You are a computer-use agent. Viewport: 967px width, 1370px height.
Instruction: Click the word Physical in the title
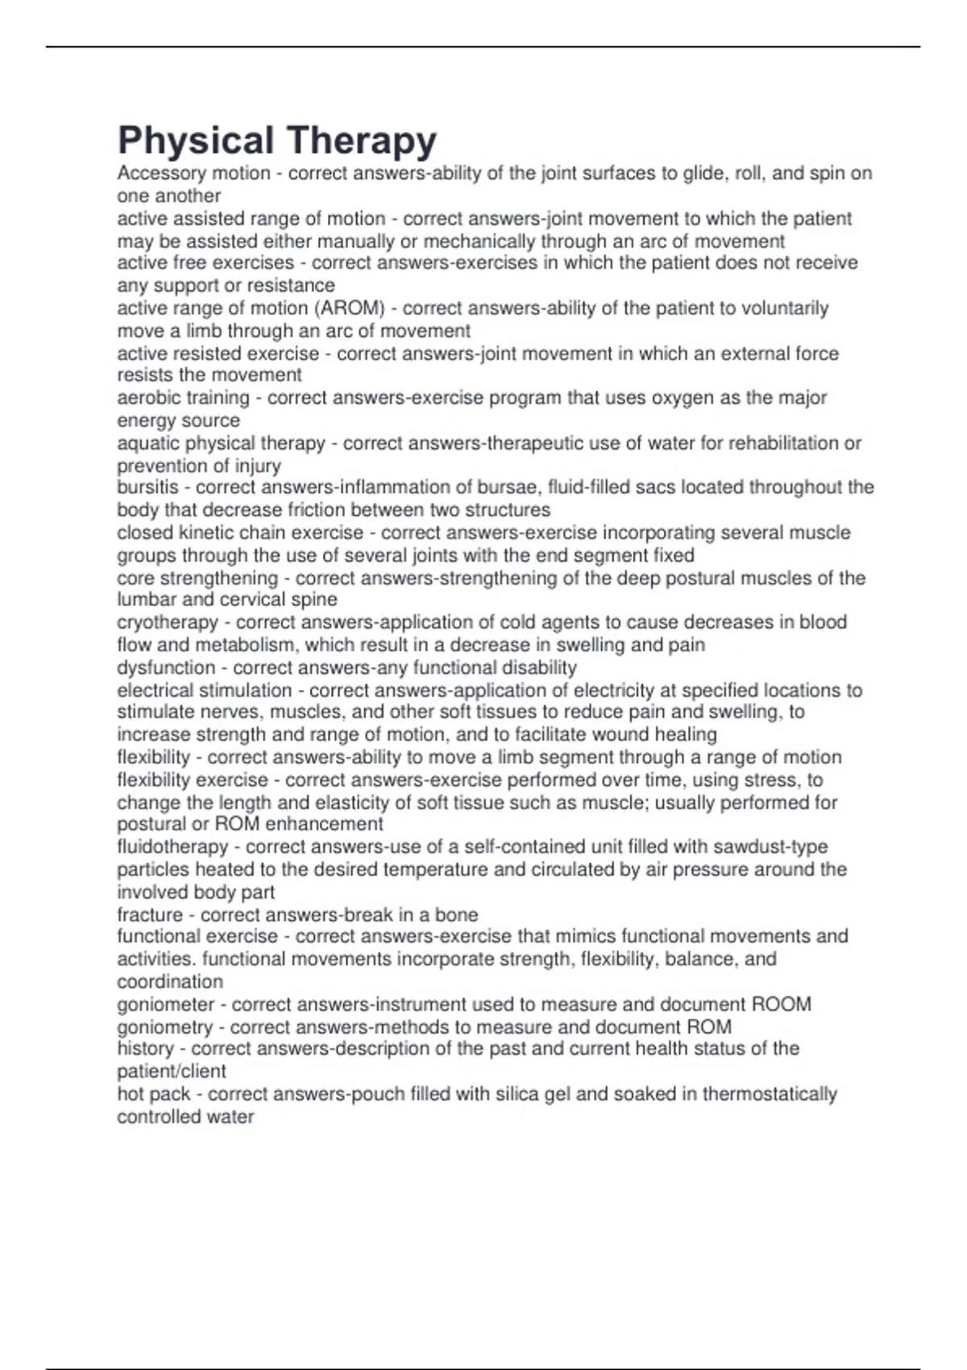tap(196, 141)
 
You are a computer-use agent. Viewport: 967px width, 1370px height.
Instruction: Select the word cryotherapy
tap(168, 622)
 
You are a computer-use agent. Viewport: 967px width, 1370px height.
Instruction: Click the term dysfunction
tap(166, 668)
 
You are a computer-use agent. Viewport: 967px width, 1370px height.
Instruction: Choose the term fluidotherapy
tap(172, 847)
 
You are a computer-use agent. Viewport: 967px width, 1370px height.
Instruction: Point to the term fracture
tap(150, 915)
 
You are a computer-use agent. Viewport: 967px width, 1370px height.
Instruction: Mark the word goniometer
tap(165, 1005)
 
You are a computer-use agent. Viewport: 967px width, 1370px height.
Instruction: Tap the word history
tap(145, 1048)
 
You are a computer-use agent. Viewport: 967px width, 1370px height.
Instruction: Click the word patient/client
tap(171, 1072)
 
